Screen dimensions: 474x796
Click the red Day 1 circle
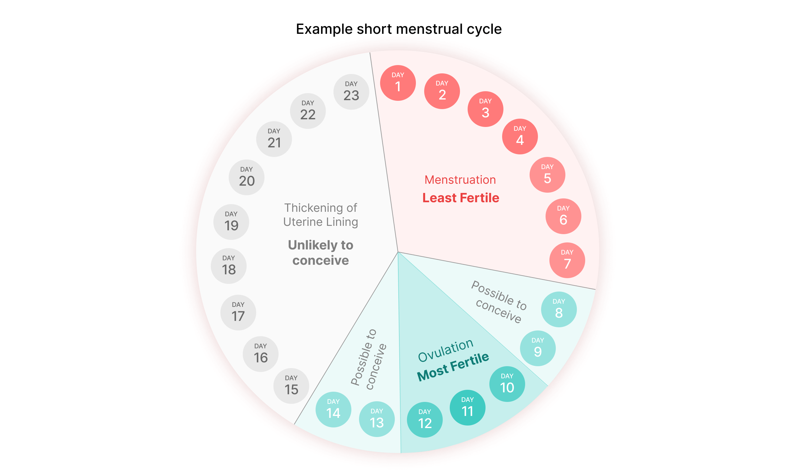[398, 83]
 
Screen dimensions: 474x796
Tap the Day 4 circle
[520, 137]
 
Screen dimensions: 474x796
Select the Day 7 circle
[567, 260]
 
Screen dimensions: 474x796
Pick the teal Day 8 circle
[559, 309]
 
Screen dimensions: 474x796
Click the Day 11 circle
[467, 408]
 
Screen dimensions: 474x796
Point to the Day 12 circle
[425, 420]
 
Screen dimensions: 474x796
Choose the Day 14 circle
[333, 410]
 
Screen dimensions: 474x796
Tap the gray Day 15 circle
[291, 386]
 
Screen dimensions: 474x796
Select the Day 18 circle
[229, 266]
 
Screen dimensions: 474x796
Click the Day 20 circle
[247, 178]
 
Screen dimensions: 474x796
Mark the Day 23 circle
[351, 92]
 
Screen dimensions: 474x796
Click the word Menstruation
[460, 180]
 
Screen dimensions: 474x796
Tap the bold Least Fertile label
[461, 198]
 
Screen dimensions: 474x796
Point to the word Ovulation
[446, 350]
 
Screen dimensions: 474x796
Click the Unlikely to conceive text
[320, 253]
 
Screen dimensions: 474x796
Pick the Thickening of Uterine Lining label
[320, 215]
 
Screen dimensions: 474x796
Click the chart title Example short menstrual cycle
[399, 29]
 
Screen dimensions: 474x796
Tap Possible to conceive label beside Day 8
[499, 302]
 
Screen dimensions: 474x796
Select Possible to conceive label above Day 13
[369, 359]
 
